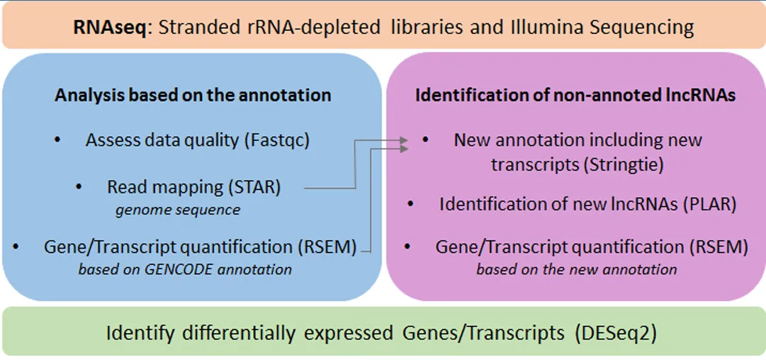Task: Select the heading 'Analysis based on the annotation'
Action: click(193, 95)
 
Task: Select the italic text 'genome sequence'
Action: click(178, 210)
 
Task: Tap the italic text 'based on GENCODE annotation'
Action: click(185, 269)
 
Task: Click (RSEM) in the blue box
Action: click(333, 247)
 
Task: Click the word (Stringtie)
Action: click(629, 164)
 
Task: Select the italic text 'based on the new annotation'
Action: click(576, 269)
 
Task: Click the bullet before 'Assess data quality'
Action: click(57, 140)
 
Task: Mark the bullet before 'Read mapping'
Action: click(80, 187)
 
